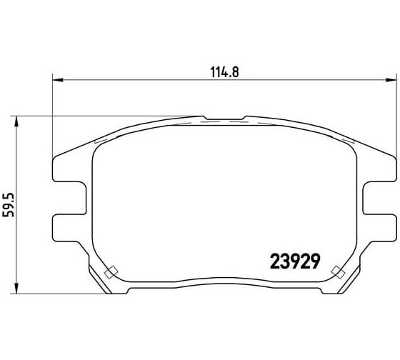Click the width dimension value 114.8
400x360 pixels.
coord(225,72)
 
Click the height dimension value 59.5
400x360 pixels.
coord(8,205)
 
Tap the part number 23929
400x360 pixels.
coord(294,261)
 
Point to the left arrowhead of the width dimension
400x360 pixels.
coord(57,80)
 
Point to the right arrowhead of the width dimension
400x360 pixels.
coord(391,80)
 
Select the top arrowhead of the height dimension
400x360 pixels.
coord(16,121)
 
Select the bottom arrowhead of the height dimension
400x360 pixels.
coord(16,289)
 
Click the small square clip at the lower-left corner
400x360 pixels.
coord(111,272)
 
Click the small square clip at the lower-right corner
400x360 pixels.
coord(339,272)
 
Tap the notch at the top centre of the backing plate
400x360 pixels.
coord(224,118)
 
